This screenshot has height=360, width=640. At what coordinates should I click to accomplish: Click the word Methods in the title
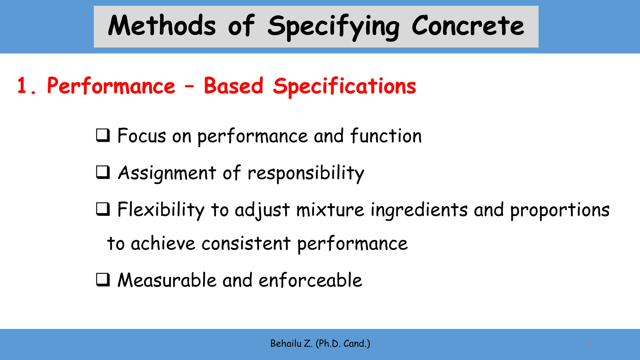point(162,26)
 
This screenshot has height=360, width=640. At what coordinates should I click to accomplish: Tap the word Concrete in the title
point(467,26)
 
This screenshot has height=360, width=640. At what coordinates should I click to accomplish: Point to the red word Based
point(233,86)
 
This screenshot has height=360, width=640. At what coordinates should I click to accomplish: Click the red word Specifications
point(344,87)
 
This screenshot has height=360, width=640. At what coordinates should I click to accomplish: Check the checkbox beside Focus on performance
point(103,136)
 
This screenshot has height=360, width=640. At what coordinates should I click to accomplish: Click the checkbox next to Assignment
point(103,172)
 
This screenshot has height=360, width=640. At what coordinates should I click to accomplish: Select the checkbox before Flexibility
point(103,209)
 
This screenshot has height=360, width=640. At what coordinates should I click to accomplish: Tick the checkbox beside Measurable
point(103,280)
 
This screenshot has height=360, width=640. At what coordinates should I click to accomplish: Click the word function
point(386,136)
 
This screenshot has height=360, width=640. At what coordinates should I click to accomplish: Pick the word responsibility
point(306,173)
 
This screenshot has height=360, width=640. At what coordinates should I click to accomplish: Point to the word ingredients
point(419,210)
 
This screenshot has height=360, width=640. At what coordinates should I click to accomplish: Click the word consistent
point(246,244)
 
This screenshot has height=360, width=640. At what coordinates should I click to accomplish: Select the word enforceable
point(310,280)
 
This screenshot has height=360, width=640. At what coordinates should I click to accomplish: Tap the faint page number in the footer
point(587,344)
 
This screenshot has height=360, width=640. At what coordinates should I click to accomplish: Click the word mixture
point(330,210)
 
